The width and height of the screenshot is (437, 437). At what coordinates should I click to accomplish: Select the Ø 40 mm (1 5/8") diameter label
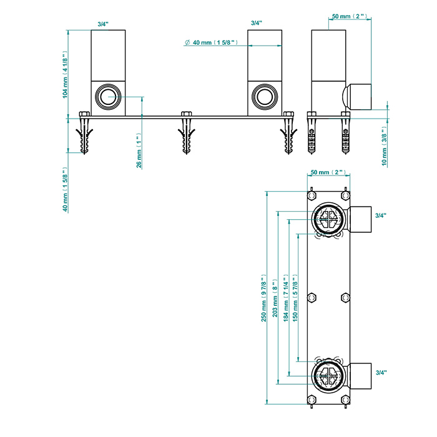coord(209,43)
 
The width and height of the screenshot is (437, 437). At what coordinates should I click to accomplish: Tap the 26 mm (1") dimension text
coord(140,150)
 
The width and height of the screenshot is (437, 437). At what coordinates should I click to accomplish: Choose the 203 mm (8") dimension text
coord(275,299)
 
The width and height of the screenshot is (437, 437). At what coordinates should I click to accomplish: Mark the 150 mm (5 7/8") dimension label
coord(295,298)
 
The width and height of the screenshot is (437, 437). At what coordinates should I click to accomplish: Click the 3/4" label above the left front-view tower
coord(103,23)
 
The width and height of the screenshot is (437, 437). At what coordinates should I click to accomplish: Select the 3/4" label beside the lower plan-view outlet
coord(380,372)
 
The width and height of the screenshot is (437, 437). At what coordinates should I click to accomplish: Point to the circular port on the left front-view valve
coord(108,97)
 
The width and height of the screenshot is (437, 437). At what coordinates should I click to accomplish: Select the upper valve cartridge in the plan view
coord(327,218)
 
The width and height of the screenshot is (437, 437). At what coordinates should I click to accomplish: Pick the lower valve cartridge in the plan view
coord(327,376)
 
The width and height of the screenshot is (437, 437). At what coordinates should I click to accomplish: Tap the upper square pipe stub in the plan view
coord(360,218)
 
